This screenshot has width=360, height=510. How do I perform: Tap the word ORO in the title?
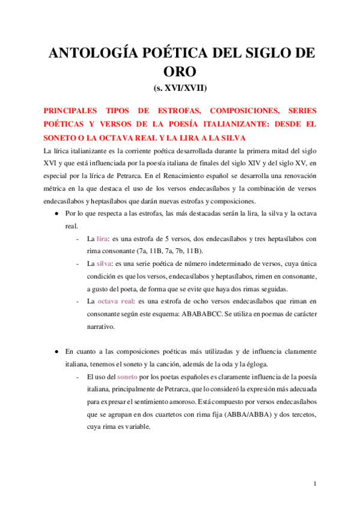coord(180,72)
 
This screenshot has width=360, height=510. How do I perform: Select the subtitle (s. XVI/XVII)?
coord(180,88)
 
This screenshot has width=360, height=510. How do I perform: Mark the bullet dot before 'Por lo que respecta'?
coord(56,214)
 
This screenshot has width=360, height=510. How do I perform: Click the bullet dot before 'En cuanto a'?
coord(56,351)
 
